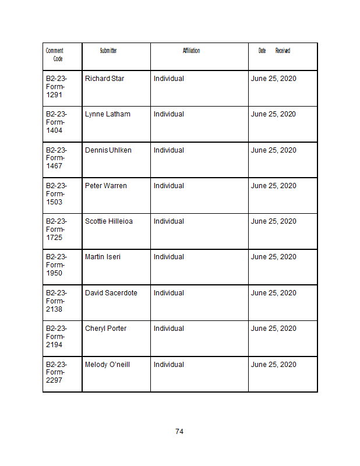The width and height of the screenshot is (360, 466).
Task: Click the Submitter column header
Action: coord(108,51)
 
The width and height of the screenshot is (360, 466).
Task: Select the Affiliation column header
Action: coord(191,51)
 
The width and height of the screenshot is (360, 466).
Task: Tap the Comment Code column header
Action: coord(55,55)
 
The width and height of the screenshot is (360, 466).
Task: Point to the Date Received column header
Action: coord(274,51)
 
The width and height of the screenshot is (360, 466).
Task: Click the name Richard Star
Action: coord(104,79)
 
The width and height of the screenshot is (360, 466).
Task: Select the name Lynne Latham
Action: coord(108,114)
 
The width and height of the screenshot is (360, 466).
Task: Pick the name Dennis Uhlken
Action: coord(108,150)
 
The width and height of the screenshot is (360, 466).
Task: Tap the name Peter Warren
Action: coord(105,186)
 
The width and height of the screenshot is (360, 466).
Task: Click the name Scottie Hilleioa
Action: coord(109,221)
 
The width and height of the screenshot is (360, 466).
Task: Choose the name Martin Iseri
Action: coord(103,257)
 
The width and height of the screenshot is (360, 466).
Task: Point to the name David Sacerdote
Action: coord(111,293)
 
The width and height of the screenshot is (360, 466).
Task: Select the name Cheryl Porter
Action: coord(105,329)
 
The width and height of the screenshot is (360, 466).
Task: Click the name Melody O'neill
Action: coord(107,365)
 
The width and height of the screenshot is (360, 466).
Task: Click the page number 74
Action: coord(179,432)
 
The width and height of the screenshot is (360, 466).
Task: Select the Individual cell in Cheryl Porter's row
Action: coord(169,329)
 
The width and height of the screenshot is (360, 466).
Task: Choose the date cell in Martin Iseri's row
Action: coord(274,257)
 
